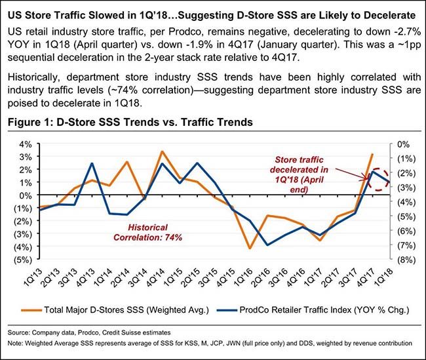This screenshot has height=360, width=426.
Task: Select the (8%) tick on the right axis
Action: point(406,260)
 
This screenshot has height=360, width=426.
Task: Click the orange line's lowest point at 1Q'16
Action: point(250,248)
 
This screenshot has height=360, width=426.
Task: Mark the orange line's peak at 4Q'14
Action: point(163,151)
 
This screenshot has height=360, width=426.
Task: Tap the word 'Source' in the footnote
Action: point(22,332)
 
